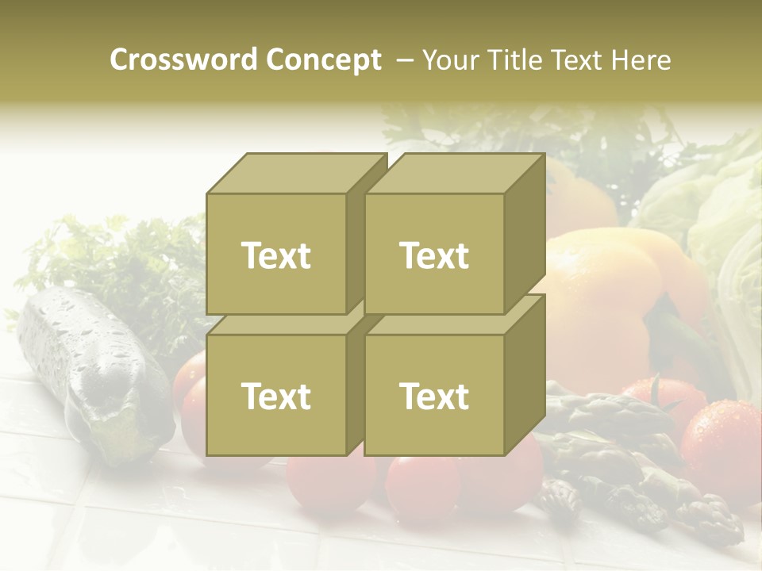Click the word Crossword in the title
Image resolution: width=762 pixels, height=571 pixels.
[183, 60]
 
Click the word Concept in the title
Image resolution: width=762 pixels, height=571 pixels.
[324, 60]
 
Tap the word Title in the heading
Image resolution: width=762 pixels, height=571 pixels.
[507, 60]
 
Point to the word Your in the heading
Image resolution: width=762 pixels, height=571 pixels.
[451, 60]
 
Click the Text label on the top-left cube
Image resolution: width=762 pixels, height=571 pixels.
[275, 255]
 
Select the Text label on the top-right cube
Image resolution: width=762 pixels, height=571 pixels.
[434, 255]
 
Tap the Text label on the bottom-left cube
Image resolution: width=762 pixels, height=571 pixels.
[275, 396]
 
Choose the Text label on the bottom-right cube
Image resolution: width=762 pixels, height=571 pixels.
[434, 396]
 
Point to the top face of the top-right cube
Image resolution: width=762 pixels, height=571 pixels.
[455, 174]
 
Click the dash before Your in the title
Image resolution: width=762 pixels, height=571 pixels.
[404, 60]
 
